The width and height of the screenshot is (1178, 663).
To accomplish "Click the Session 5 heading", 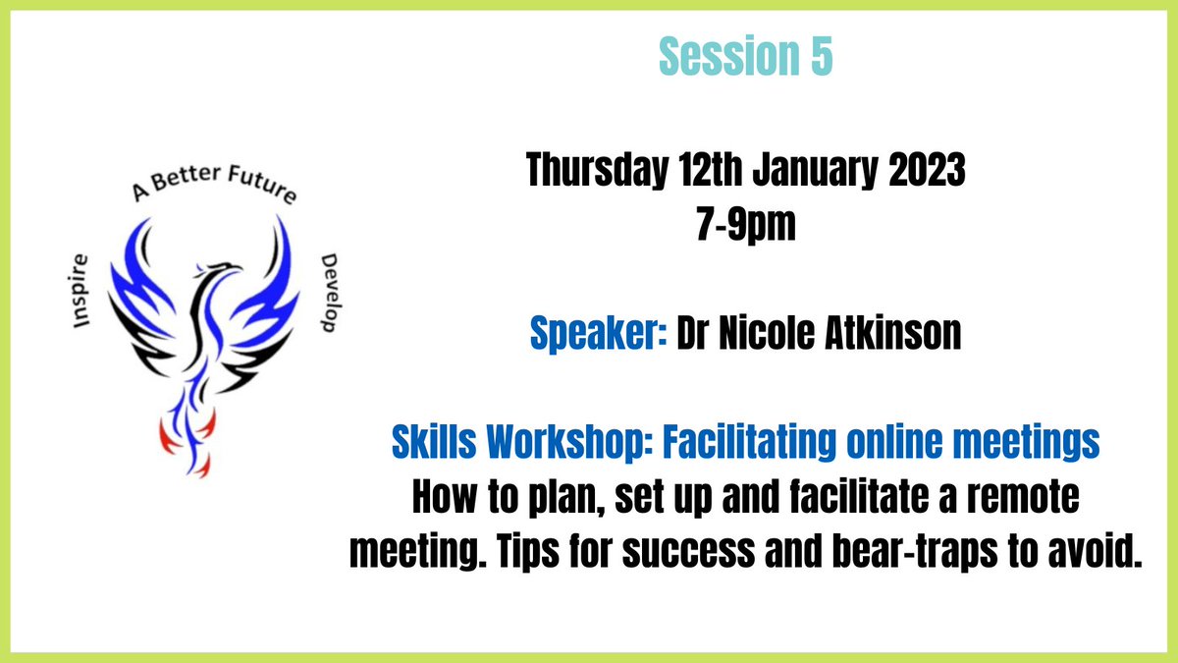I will (746, 58).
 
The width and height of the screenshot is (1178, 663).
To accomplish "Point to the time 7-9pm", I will (745, 229).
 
